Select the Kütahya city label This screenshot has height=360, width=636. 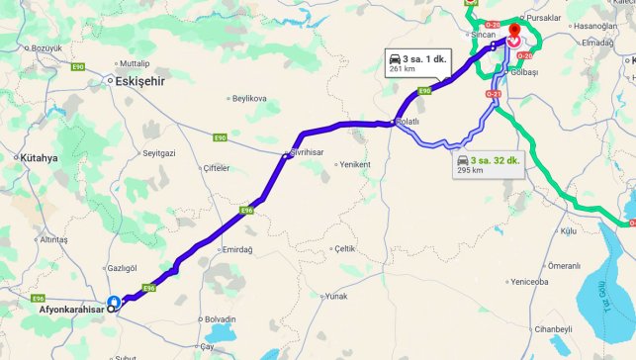(x=39, y=158)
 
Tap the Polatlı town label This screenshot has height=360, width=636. (x=408, y=122)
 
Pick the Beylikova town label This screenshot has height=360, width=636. (x=248, y=99)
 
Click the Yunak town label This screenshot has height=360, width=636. (x=337, y=296)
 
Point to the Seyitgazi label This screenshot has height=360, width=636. (x=158, y=153)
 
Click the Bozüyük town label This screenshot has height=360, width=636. (x=46, y=48)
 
